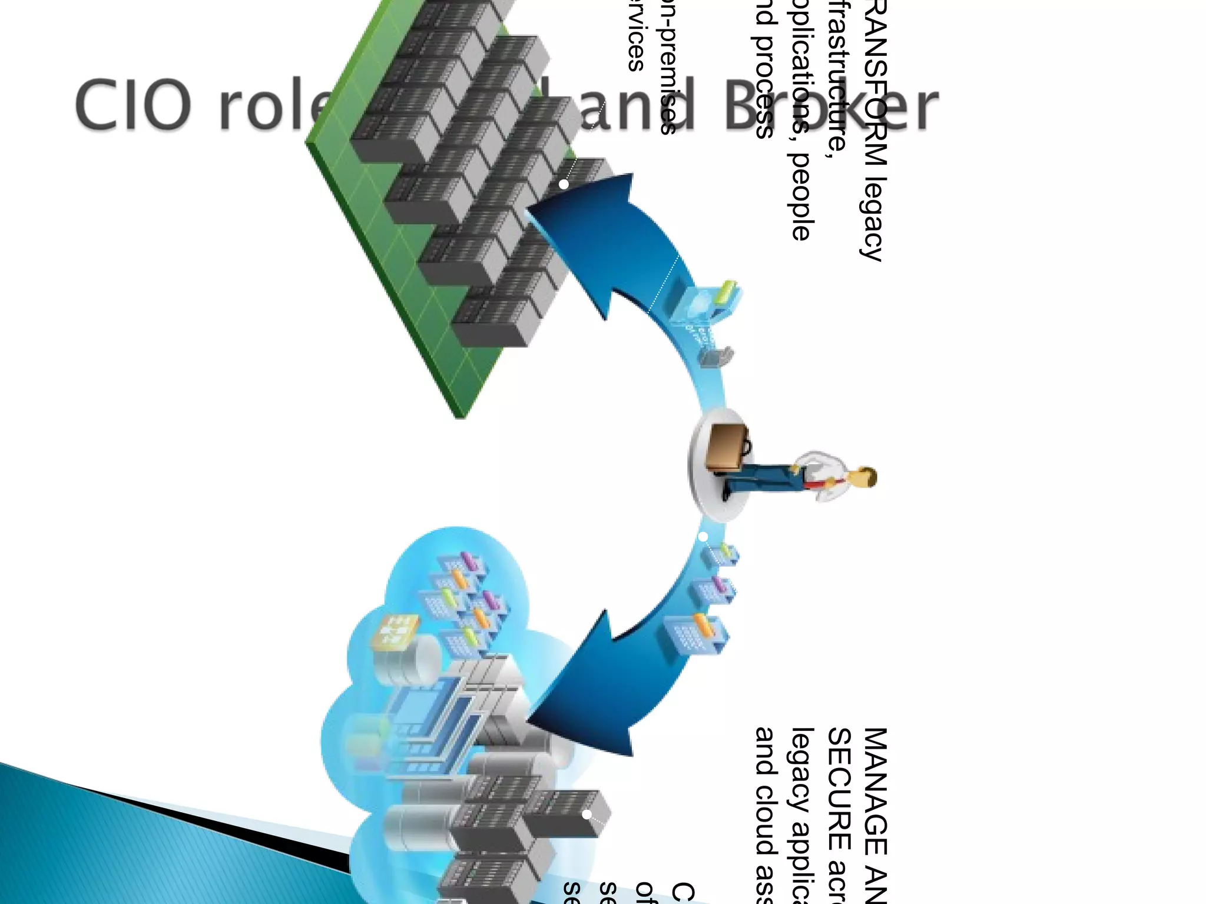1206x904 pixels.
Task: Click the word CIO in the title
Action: point(132,106)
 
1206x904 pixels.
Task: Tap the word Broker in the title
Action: point(830,106)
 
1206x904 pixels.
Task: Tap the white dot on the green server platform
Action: point(564,184)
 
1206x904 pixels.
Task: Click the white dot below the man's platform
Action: point(703,536)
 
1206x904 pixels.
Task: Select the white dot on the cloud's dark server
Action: point(587,815)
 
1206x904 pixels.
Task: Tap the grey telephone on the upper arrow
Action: point(716,356)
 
